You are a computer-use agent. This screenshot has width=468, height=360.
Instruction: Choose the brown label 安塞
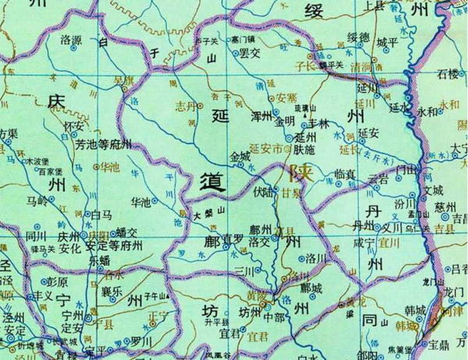pos(286,98)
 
